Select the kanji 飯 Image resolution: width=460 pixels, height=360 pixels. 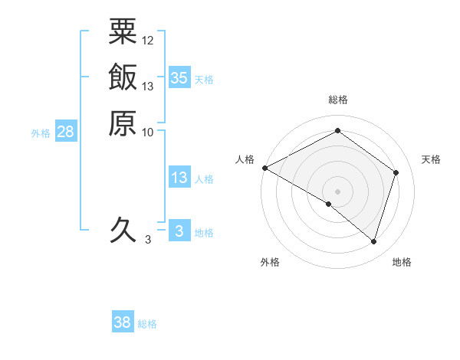tap(123, 77)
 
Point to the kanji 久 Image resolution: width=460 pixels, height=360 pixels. tap(123, 229)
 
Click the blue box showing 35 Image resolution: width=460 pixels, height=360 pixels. tap(179, 77)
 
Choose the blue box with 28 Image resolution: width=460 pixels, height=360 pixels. tap(65, 132)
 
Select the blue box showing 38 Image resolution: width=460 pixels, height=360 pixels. tap(123, 322)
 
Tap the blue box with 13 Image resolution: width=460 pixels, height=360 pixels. tap(179, 178)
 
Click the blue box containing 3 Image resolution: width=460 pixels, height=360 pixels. tap(179, 231)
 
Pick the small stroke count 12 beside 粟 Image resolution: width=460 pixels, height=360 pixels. tap(148, 40)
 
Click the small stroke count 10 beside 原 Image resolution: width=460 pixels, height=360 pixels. tap(148, 132)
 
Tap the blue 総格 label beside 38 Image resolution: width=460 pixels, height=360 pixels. tap(147, 324)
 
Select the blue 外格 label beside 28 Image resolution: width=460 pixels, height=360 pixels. tap(41, 133)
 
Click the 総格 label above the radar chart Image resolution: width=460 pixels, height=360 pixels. tap(337, 100)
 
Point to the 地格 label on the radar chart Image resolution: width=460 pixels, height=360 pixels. tap(402, 262)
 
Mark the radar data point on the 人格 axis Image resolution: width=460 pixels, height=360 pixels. tap(264, 168)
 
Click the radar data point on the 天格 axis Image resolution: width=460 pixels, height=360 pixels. tap(396, 172)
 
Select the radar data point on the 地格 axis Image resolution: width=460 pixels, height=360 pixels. tap(373, 241)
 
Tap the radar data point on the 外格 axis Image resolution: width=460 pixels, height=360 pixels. tap(329, 204)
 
